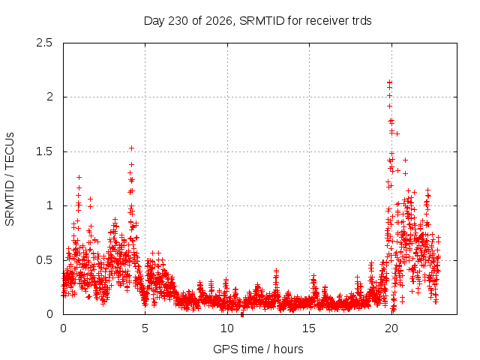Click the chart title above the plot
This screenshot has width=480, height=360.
(x=257, y=21)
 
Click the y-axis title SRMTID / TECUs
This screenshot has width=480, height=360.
(x=10, y=179)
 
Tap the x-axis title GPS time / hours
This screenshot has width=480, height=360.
(x=258, y=349)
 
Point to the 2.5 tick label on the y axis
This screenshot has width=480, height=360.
(x=44, y=43)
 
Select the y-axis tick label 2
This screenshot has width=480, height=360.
(x=49, y=97)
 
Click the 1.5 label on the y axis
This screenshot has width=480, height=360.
(x=44, y=151)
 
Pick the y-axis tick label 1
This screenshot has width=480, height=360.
(x=49, y=205)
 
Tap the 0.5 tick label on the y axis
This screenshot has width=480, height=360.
(x=44, y=260)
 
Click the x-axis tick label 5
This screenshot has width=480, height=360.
(x=145, y=328)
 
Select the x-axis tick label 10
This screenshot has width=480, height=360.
(x=226, y=328)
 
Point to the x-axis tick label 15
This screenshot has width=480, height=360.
(x=309, y=328)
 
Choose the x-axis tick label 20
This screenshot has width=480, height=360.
(x=391, y=328)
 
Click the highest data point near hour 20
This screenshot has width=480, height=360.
(x=389, y=82)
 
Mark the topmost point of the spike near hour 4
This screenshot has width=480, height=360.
(x=132, y=148)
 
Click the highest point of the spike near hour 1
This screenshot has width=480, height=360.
(x=79, y=177)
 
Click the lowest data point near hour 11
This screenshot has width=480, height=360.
(x=242, y=314)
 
